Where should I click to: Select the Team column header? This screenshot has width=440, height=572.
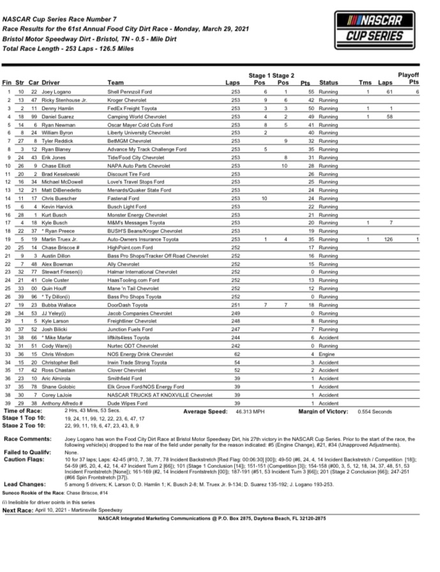(x=116, y=83)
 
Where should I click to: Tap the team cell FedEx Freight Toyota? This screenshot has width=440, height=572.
(x=133, y=109)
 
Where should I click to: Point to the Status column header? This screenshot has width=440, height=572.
(x=328, y=83)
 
